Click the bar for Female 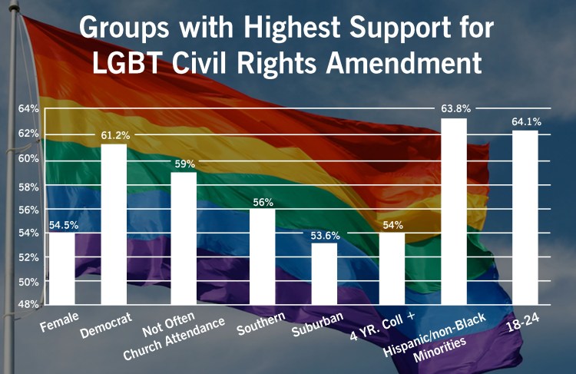pyautogui.click(x=61, y=269)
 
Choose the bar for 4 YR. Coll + pyautogui.click(x=392, y=269)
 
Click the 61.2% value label pyautogui.click(x=115, y=135)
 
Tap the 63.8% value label pyautogui.click(x=455, y=108)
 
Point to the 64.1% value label pyautogui.click(x=525, y=121)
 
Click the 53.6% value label pyautogui.click(x=324, y=235)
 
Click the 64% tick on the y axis pyautogui.click(x=28, y=109)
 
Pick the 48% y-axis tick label pyautogui.click(x=28, y=304)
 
